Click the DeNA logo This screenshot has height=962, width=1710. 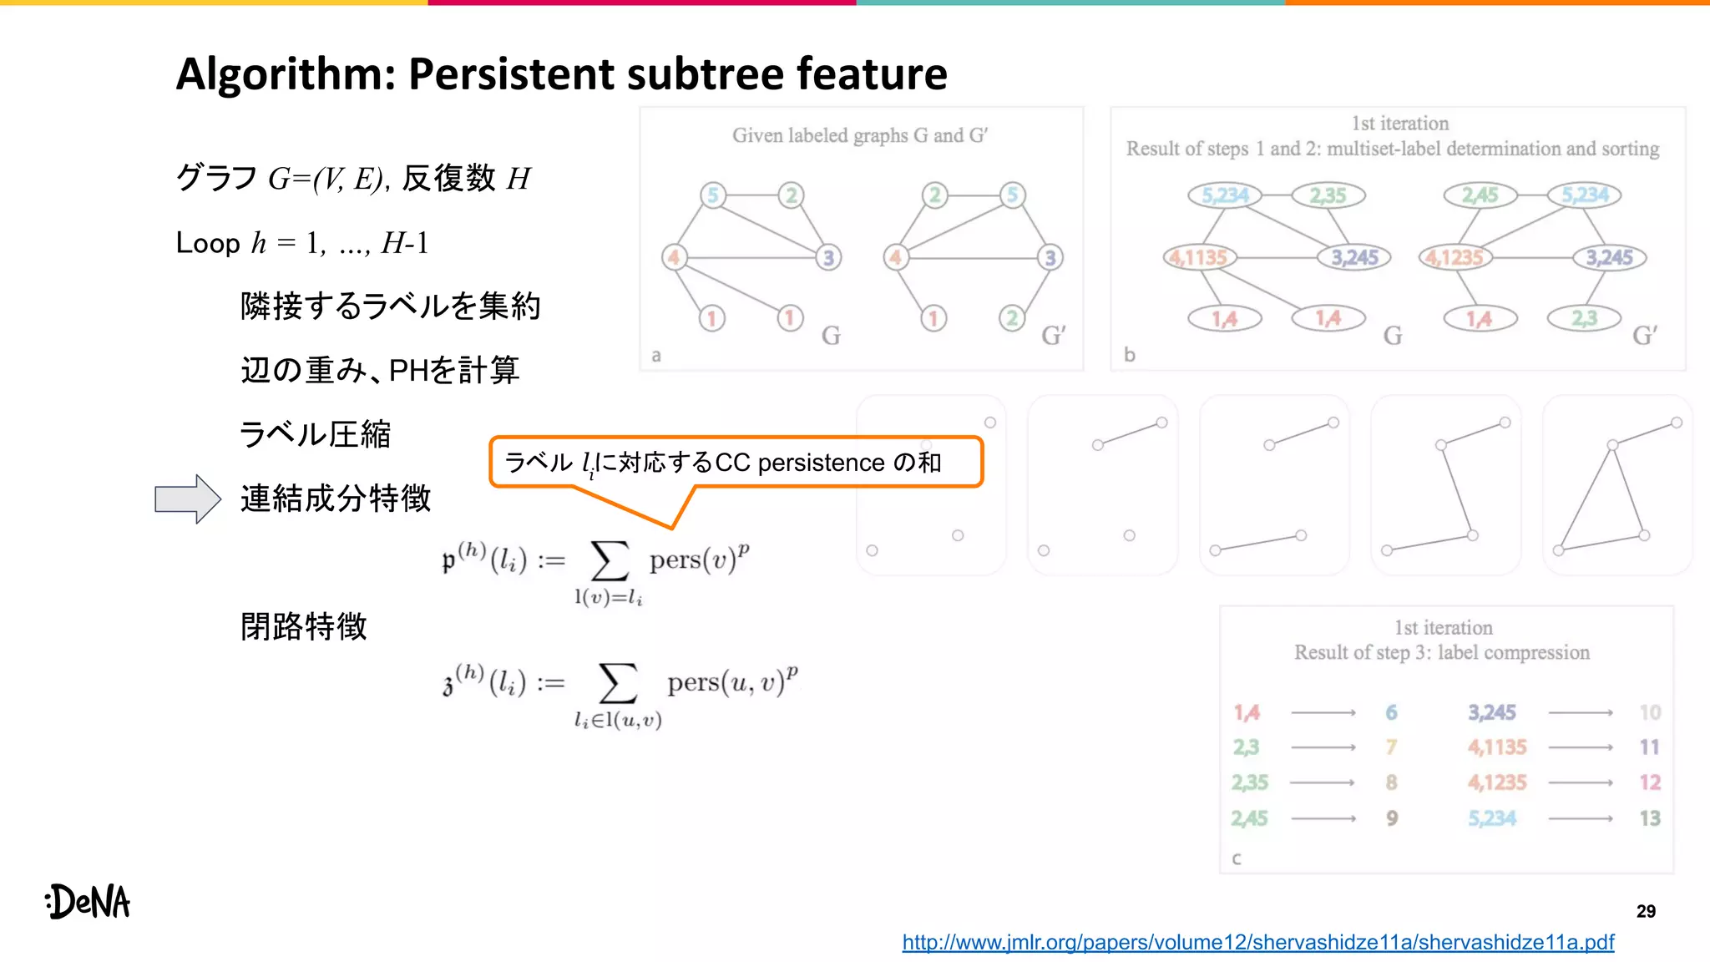point(89,902)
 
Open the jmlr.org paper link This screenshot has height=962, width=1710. point(1257,943)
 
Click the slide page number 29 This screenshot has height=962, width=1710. point(1646,911)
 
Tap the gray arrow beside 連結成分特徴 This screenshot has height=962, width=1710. point(188,499)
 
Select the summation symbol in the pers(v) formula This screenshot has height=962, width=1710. point(610,560)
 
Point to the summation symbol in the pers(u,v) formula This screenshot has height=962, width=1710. point(618,684)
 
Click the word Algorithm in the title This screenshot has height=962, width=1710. point(285,73)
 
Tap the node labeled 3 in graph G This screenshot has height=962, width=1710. point(828,257)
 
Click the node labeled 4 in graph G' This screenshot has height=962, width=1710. point(896,257)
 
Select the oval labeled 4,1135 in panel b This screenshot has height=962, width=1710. point(1200,257)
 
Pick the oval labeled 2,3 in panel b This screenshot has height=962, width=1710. point(1584,318)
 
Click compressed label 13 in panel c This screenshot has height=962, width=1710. point(1649,818)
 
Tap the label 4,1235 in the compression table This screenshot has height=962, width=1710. point(1497,782)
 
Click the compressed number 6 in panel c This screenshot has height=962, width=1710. point(1391,712)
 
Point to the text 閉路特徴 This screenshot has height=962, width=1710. point(304,626)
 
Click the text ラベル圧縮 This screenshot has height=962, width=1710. point(315,434)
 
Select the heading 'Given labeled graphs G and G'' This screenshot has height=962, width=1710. point(860,135)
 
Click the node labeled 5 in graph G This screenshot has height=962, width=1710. point(713,195)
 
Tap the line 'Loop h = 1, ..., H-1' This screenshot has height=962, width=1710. point(302,243)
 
